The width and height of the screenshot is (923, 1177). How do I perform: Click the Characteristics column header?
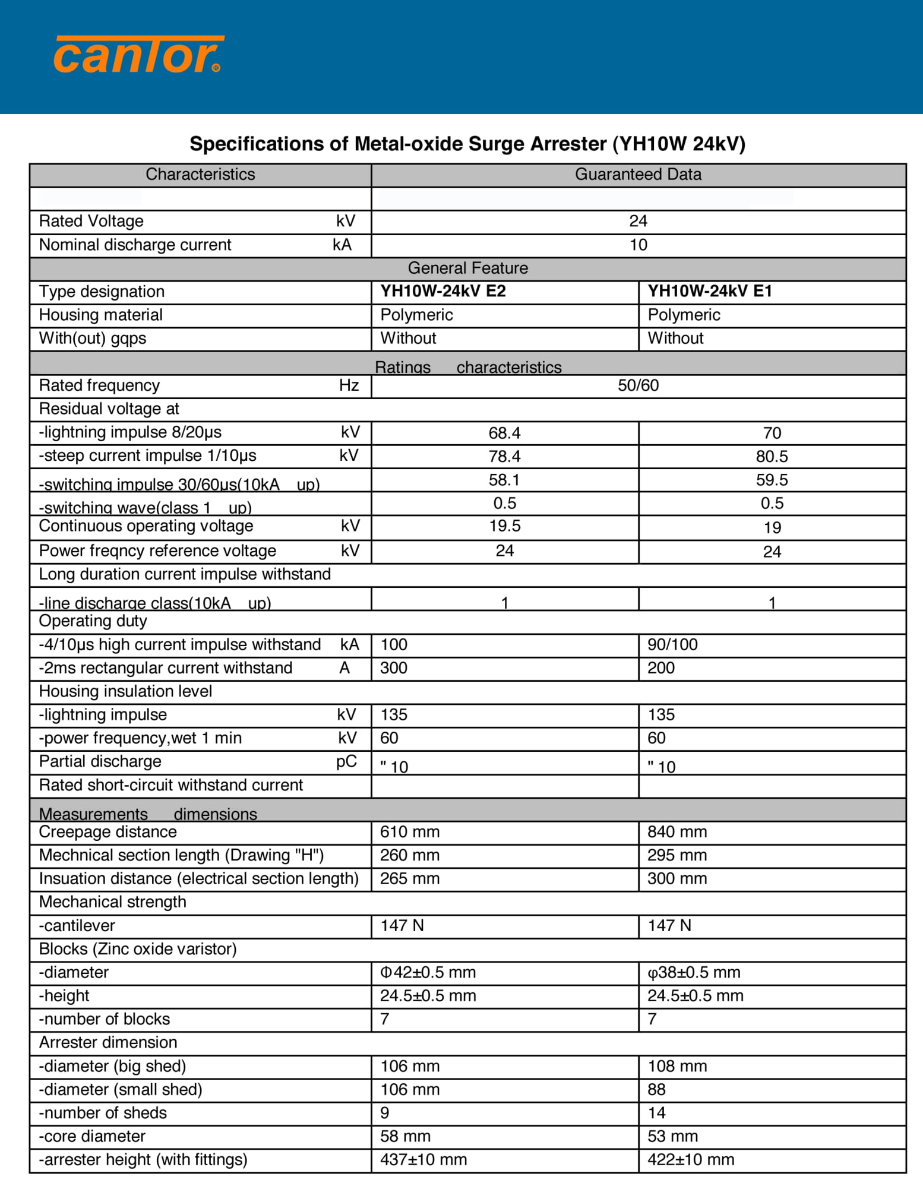[200, 175]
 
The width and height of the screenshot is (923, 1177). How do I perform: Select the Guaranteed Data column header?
[638, 175]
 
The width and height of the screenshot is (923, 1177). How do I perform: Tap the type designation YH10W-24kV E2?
[442, 291]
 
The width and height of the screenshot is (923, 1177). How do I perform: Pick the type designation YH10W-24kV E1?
[709, 291]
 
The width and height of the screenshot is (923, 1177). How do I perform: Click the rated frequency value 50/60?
[638, 385]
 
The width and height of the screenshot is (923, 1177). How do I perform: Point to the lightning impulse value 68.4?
[504, 433]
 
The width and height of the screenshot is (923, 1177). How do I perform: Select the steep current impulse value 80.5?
[772, 457]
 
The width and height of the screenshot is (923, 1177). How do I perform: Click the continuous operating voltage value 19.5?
[504, 526]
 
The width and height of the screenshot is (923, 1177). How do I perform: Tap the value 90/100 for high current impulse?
[672, 644]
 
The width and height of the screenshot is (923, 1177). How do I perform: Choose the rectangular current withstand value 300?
[394, 668]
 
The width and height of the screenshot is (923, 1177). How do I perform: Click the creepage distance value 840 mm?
[677, 832]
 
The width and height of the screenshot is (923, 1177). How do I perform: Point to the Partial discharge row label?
[100, 762]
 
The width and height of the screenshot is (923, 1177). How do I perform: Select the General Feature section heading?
[467, 268]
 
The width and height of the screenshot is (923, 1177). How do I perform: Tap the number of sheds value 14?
[656, 1113]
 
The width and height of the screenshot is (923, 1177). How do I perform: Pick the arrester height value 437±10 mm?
[423, 1160]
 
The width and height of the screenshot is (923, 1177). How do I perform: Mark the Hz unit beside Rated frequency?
[349, 385]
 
